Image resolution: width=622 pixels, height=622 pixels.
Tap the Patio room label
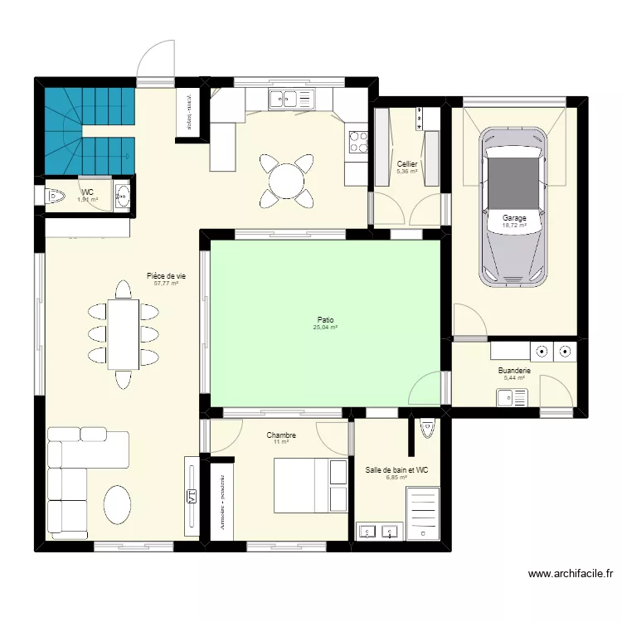(x=326, y=318)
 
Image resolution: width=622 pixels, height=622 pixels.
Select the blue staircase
(x=87, y=133)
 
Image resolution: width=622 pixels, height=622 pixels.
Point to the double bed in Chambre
(x=310, y=485)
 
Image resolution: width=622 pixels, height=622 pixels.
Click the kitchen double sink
(x=283, y=99)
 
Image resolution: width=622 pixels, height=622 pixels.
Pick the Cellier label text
(x=406, y=164)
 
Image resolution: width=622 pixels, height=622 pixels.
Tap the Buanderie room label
(x=514, y=371)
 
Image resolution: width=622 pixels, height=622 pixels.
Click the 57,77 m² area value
(x=167, y=284)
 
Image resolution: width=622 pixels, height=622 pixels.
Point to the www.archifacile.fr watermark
(x=570, y=573)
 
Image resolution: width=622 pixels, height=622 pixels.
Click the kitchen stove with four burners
(x=358, y=143)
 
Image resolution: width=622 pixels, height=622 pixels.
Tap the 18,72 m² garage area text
(x=514, y=225)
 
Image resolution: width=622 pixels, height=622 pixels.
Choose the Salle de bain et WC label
(x=396, y=470)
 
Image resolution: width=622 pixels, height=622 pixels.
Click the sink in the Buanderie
(x=507, y=398)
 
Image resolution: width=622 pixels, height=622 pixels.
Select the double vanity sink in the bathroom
(x=378, y=530)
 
